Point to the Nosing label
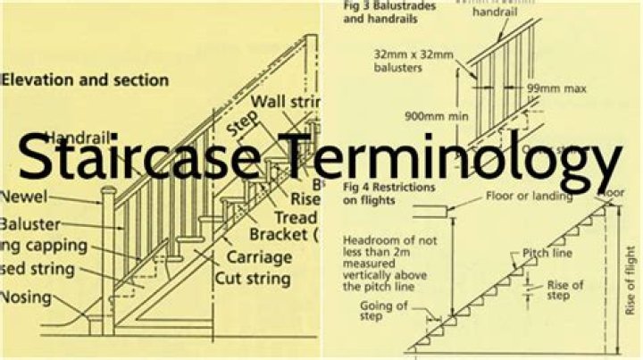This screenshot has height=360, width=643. tap(28, 297)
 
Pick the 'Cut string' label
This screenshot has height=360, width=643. tap(252, 279)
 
